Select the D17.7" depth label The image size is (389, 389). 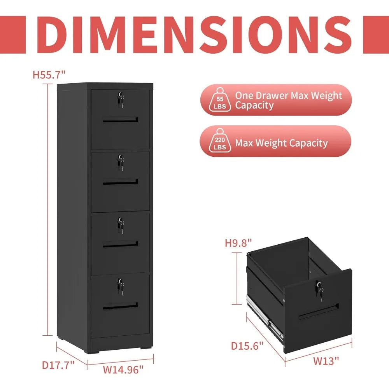pyautogui.click(x=58, y=365)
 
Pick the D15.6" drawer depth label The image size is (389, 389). pyautogui.click(x=247, y=345)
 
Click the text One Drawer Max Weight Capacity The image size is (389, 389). pyautogui.click(x=288, y=100)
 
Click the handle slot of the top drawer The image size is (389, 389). pyautogui.click(x=121, y=119)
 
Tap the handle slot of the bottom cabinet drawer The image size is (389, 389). pyautogui.click(x=121, y=306)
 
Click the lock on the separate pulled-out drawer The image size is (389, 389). pyautogui.click(x=320, y=290)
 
